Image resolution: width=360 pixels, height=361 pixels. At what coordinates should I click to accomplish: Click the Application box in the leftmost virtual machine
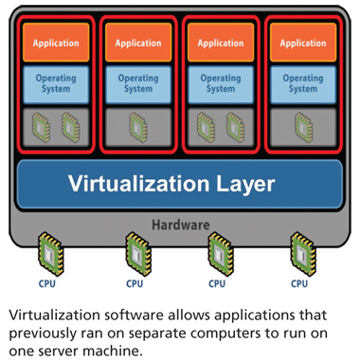click(x=56, y=43)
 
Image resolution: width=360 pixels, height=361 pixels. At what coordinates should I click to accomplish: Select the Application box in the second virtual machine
click(x=138, y=43)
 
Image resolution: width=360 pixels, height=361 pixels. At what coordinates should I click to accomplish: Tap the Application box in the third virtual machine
click(x=221, y=43)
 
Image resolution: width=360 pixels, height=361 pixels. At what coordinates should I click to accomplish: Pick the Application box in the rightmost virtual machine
click(x=303, y=43)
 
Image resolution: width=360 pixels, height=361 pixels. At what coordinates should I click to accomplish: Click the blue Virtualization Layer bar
click(x=180, y=183)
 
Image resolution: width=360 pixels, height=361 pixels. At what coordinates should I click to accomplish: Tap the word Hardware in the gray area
click(x=180, y=225)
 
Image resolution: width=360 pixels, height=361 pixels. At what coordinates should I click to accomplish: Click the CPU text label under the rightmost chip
click(x=300, y=282)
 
